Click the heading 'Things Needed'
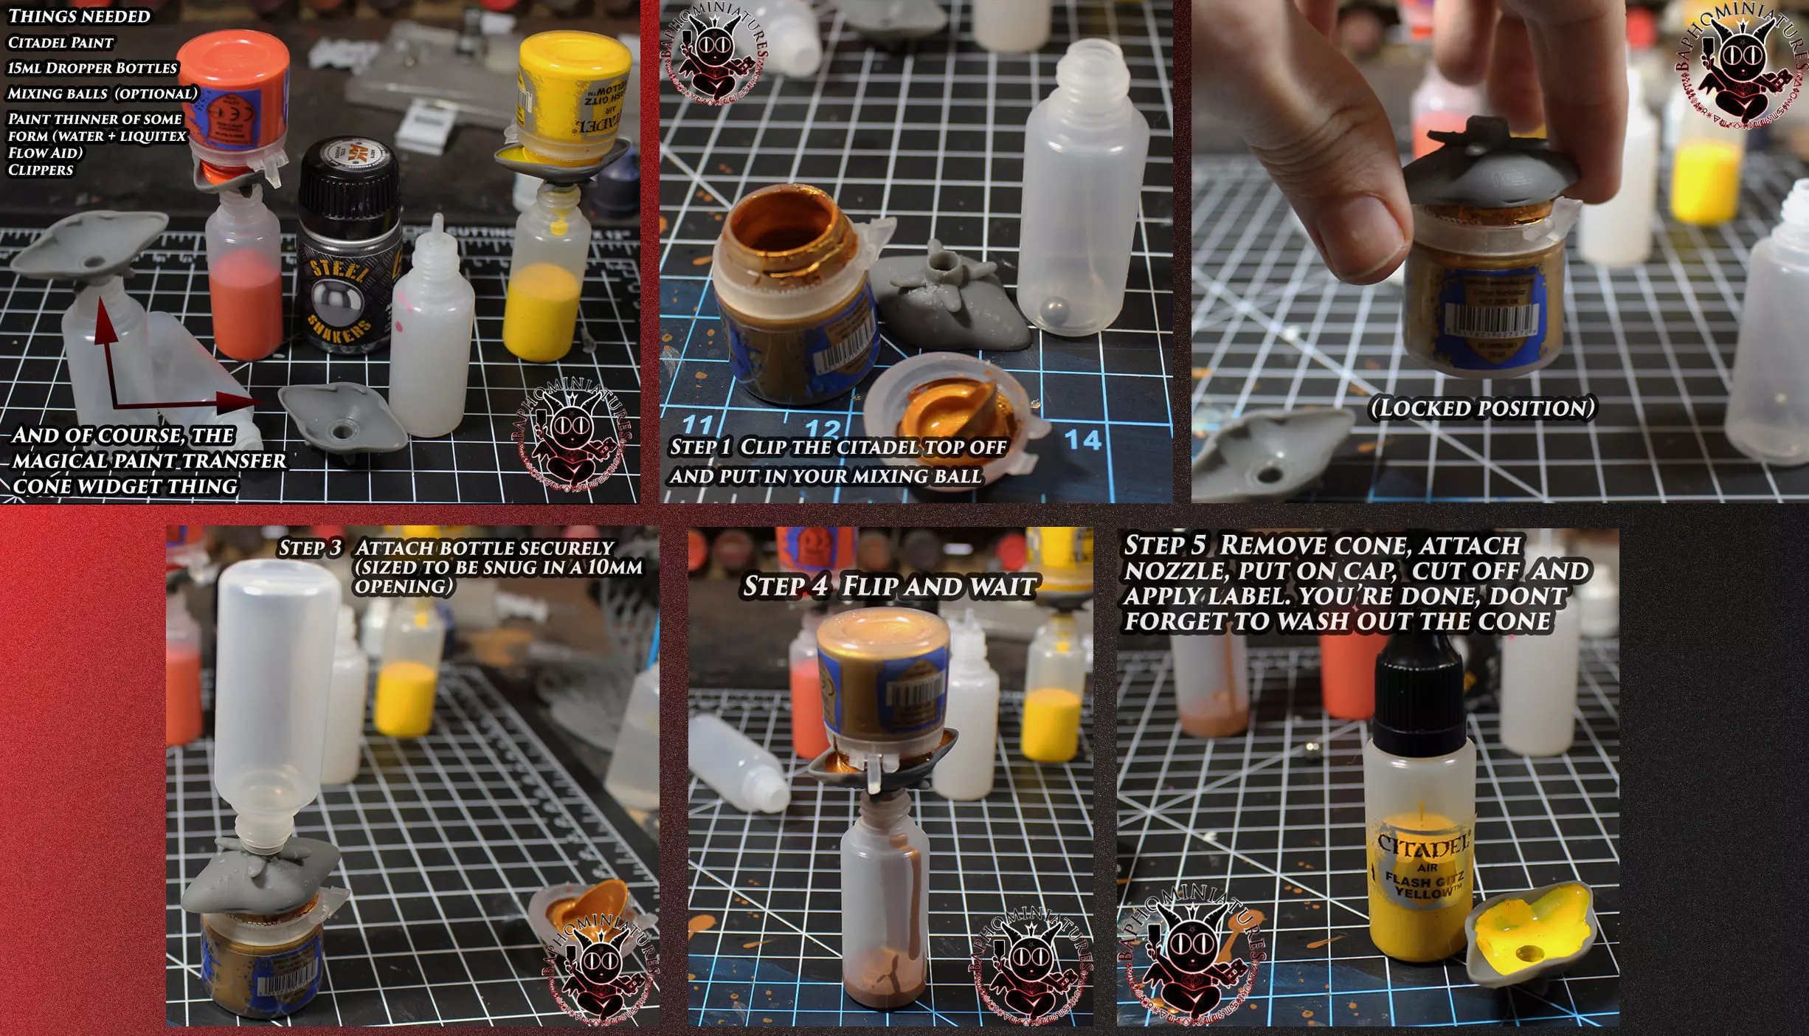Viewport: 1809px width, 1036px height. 79,16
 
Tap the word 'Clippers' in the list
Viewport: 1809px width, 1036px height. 41,170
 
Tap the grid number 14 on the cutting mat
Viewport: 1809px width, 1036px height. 1082,440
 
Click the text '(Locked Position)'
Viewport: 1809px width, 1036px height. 1481,408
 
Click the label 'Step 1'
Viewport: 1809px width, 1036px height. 700,447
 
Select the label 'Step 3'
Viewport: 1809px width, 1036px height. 310,548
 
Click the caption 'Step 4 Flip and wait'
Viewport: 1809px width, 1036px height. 889,587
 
